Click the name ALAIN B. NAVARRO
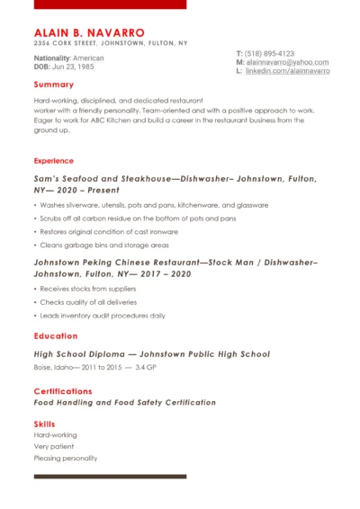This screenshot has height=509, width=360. tap(82, 31)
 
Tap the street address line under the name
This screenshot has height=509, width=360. tap(111, 42)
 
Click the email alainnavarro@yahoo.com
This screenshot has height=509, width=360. tap(287, 62)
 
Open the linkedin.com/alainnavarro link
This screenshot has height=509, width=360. tap(287, 70)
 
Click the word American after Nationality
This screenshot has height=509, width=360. tap(88, 58)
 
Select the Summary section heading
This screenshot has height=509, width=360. tap(53, 85)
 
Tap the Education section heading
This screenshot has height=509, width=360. tap(56, 336)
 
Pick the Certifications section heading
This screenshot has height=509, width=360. tap(63, 391)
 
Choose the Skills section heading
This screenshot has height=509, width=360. tap(44, 424)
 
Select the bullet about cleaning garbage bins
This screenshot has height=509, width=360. tap(104, 245)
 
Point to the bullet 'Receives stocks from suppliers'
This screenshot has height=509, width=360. tap(88, 289)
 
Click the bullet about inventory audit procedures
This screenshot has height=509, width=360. tap(103, 316)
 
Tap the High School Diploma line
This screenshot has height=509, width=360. tap(151, 354)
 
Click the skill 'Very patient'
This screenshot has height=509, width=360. tap(54, 446)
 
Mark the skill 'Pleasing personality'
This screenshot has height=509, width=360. tap(65, 458)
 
